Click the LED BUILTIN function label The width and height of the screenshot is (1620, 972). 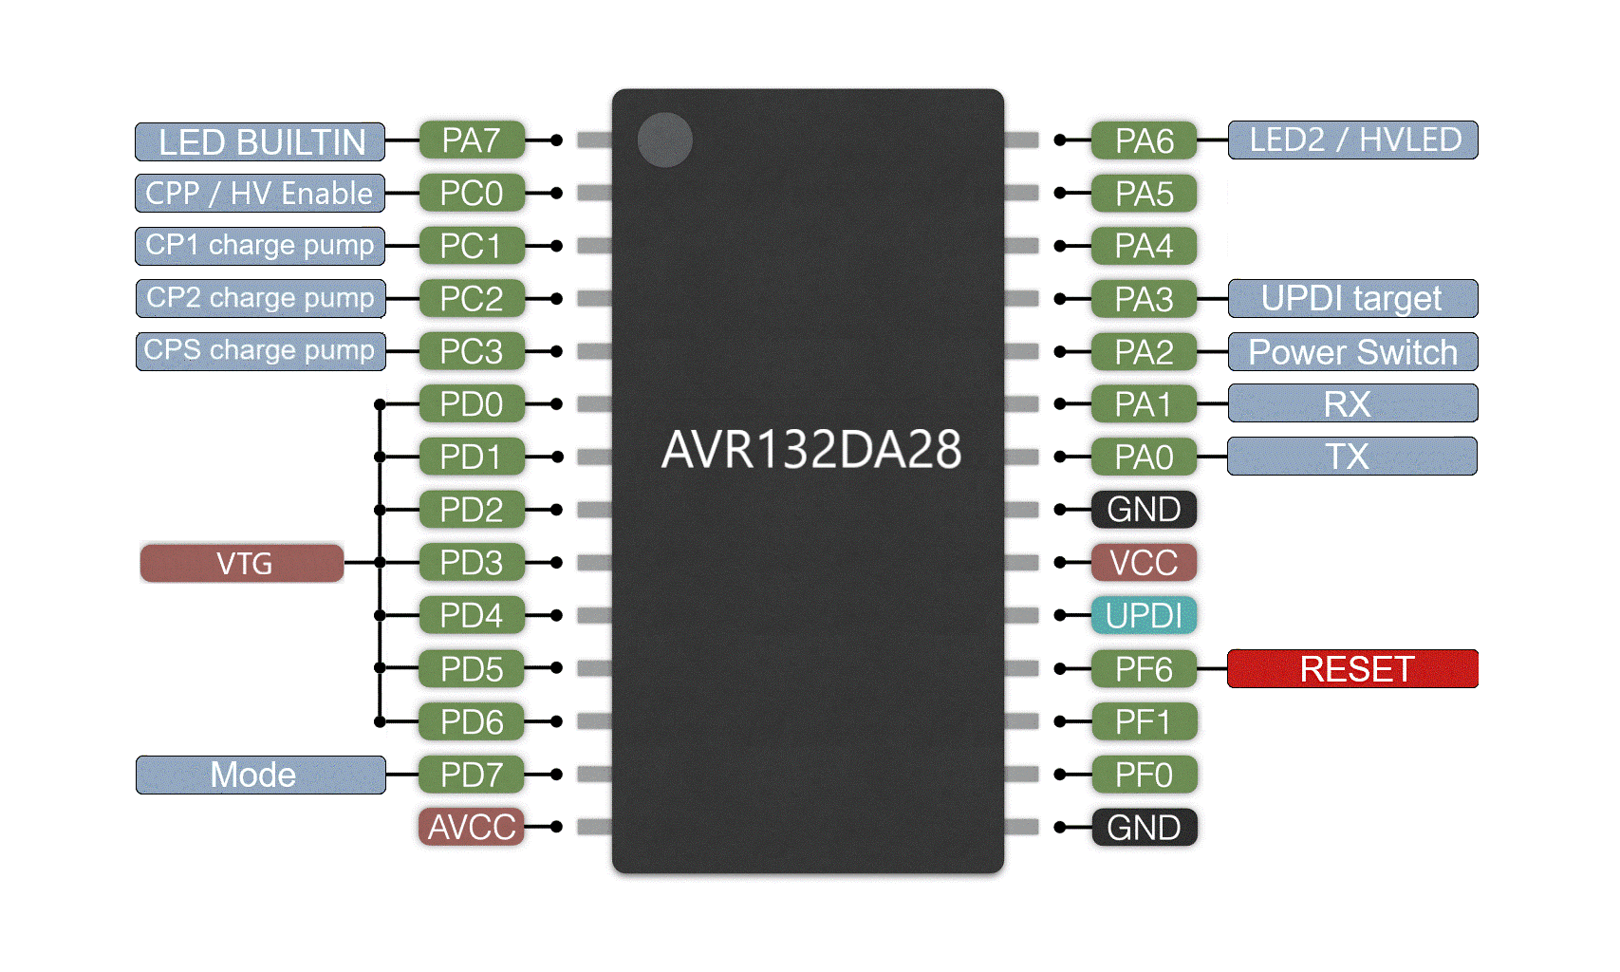pos(260,141)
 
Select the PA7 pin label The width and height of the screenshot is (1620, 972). pos(471,140)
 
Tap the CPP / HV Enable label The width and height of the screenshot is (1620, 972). pos(260,194)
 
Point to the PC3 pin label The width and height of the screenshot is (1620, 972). pos(471,351)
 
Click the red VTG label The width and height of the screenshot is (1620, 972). pos(242,563)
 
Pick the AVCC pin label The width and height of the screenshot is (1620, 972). pos(471,828)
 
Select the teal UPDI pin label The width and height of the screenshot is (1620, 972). pos(1144,616)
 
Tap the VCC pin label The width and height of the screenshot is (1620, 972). pos(1144,563)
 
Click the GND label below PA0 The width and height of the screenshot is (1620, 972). pos(1144,510)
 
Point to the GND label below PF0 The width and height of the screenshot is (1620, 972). pos(1144,828)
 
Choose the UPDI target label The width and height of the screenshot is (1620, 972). pos(1352,299)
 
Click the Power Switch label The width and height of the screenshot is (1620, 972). pos(1352,352)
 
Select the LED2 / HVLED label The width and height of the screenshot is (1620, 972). pos(1352,140)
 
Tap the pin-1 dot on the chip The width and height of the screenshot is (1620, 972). pos(664,140)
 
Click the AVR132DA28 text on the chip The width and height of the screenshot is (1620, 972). pos(810,450)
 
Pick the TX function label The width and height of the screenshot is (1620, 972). pos(1351,457)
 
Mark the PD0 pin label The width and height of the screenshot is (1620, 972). pos(471,404)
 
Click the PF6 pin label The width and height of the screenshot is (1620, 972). pos(1144,669)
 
